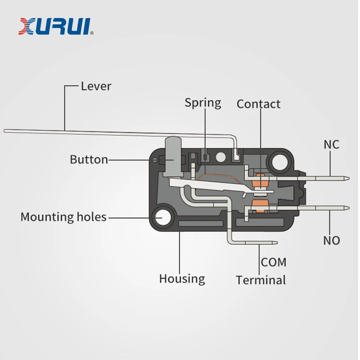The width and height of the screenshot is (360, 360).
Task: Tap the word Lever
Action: (96, 86)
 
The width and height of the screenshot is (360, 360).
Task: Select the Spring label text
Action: (203, 103)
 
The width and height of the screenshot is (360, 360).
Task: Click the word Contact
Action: (258, 104)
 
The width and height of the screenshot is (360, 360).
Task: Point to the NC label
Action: (331, 145)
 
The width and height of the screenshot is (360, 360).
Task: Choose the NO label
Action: (331, 240)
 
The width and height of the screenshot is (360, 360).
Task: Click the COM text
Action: (274, 262)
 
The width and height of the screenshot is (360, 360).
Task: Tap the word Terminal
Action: (261, 280)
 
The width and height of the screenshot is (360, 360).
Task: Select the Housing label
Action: (182, 279)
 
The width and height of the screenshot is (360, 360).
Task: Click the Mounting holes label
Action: (63, 217)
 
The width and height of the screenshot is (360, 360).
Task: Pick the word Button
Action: (89, 159)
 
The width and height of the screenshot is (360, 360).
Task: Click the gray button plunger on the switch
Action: (173, 157)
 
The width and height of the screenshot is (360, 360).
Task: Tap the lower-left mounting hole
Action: (162, 218)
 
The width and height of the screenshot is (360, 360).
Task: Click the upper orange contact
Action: (261, 179)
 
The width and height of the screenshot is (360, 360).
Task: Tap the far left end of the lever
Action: (5, 131)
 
